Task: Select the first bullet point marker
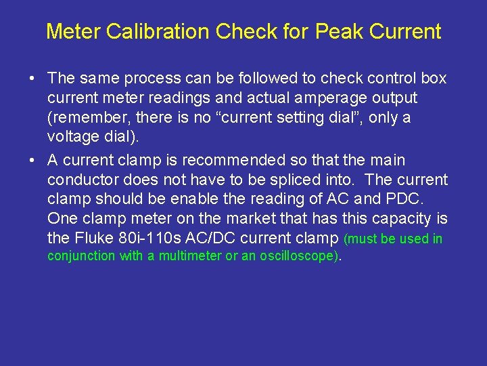click(x=32, y=79)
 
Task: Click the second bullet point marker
click(x=32, y=161)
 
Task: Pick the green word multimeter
click(x=189, y=256)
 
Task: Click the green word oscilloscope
click(x=299, y=256)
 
